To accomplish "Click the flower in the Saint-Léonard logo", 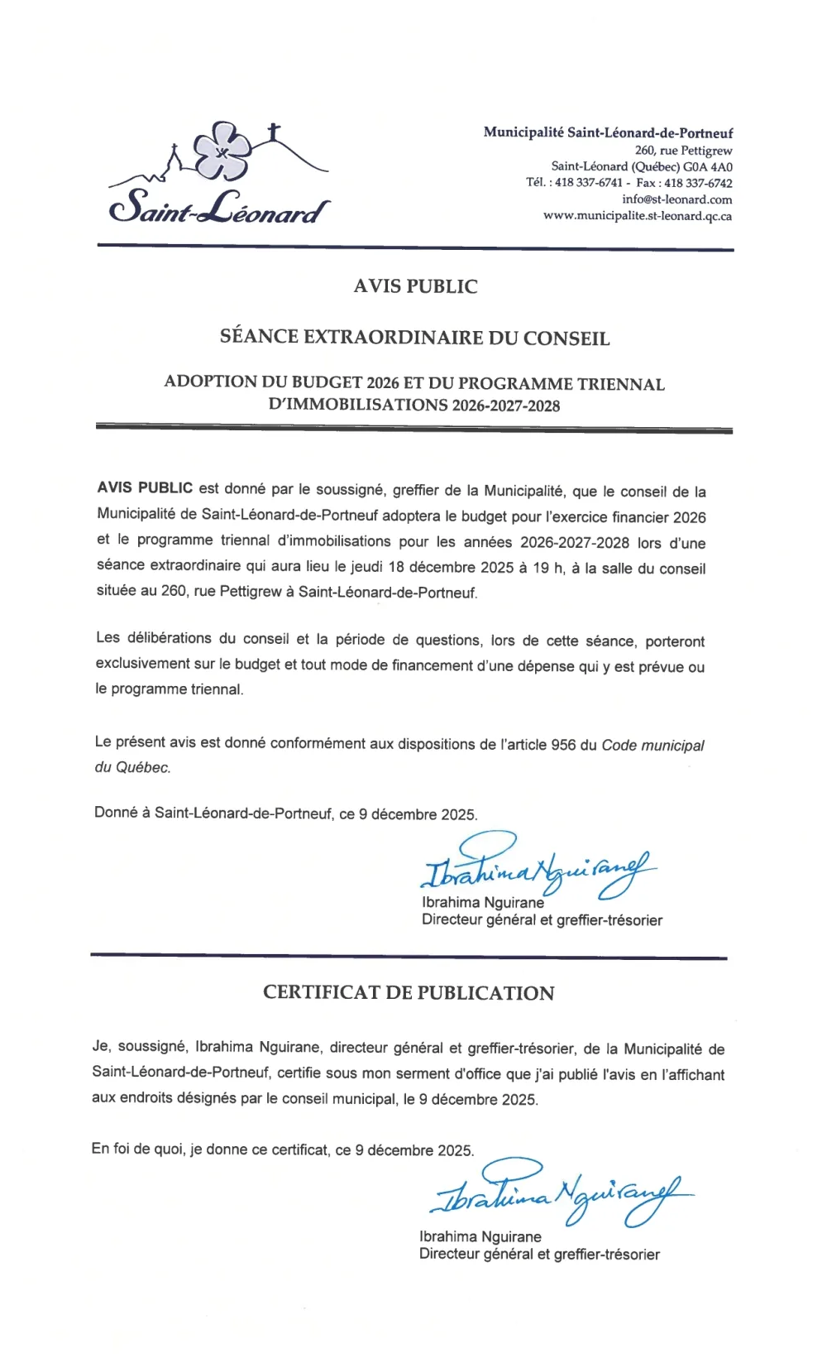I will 222,151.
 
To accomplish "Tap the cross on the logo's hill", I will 274,132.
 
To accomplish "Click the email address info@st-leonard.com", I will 676,199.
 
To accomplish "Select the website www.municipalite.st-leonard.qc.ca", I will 637,216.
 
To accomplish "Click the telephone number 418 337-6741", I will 588,183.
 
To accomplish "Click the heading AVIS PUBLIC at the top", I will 415,286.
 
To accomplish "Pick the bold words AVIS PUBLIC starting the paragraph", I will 145,488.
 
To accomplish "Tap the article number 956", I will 563,744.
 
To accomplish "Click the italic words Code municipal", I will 653,745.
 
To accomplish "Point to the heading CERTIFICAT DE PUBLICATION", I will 409,993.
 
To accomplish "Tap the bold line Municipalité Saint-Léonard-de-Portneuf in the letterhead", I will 608,132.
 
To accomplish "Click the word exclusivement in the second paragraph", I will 142,664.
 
